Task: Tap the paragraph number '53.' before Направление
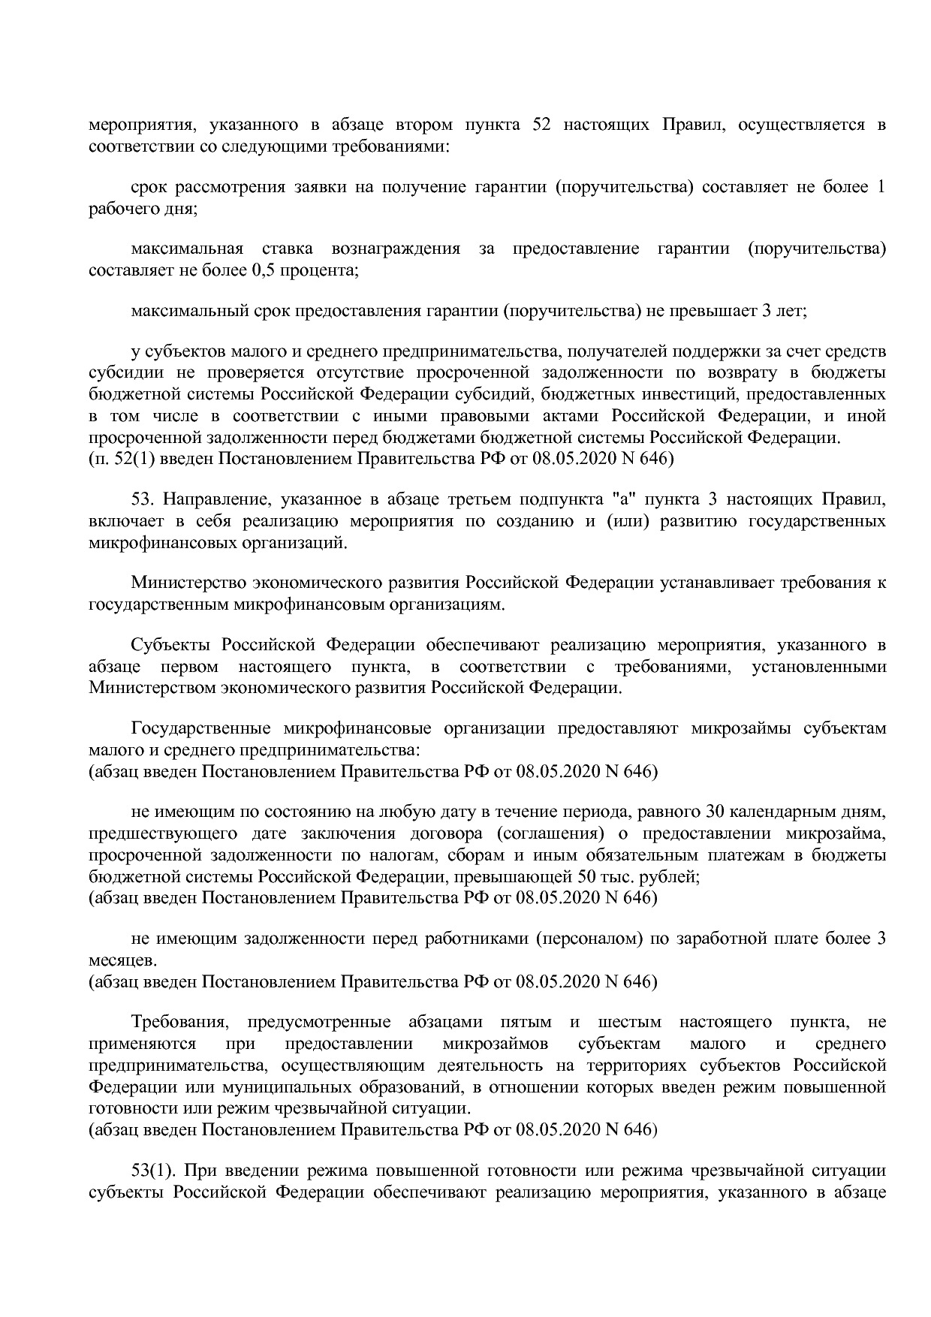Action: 143,499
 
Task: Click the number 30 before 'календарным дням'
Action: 716,812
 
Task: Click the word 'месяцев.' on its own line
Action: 113,960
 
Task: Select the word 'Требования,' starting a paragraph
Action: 179,1022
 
